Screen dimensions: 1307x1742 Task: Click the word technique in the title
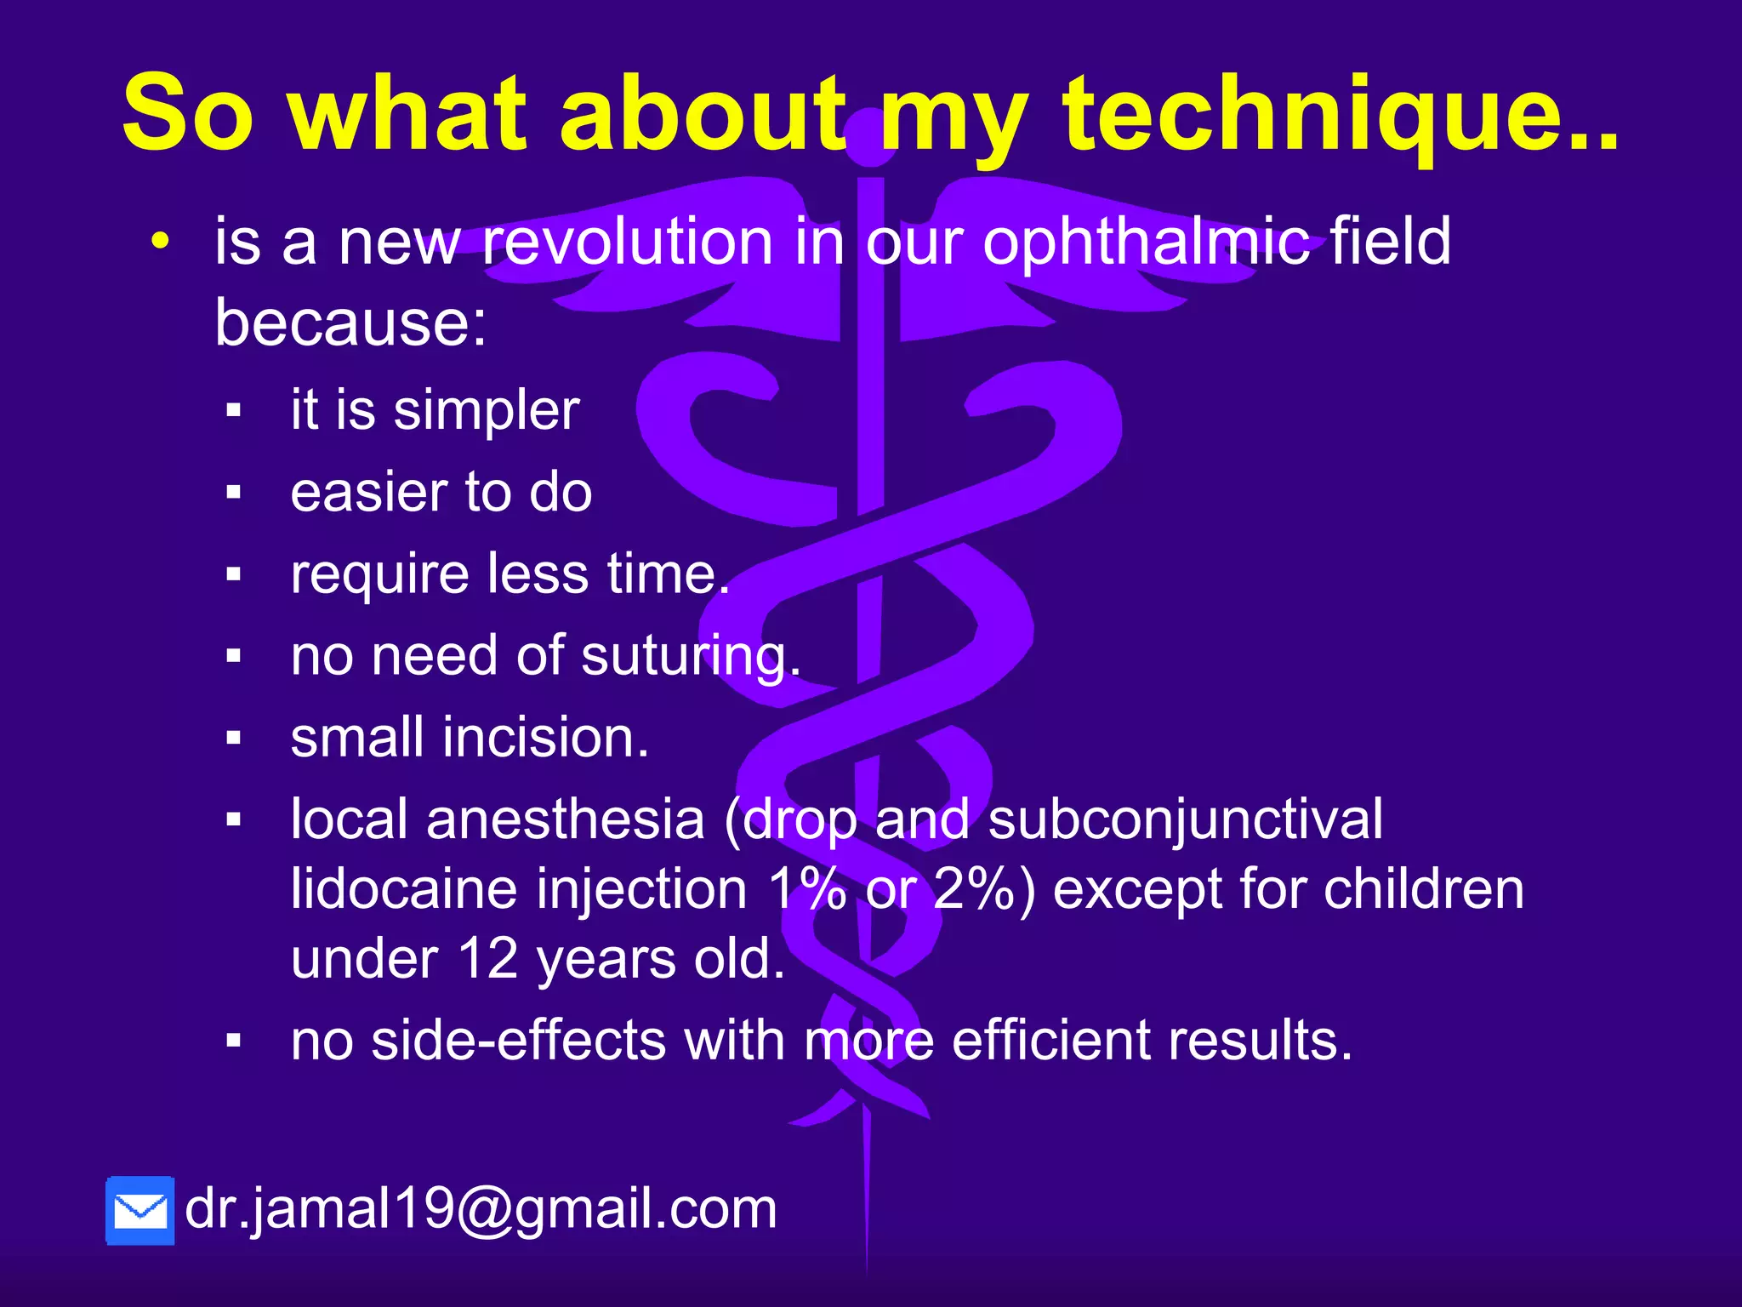point(1340,115)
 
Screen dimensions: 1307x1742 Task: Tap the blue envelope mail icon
point(140,1211)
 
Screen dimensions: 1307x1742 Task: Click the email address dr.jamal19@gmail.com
point(481,1208)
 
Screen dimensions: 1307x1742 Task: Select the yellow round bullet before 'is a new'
point(160,242)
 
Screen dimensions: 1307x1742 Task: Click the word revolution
point(628,242)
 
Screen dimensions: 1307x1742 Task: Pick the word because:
point(350,323)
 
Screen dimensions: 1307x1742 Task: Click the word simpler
point(487,411)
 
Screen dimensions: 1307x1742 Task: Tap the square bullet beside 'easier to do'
point(234,492)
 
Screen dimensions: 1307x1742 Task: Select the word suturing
point(691,657)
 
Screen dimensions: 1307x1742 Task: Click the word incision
point(545,737)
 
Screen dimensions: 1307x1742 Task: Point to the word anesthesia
point(566,819)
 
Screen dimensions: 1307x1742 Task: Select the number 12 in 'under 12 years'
point(489,959)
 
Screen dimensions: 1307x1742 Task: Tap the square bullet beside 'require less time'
point(234,574)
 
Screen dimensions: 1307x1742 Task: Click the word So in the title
point(188,115)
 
